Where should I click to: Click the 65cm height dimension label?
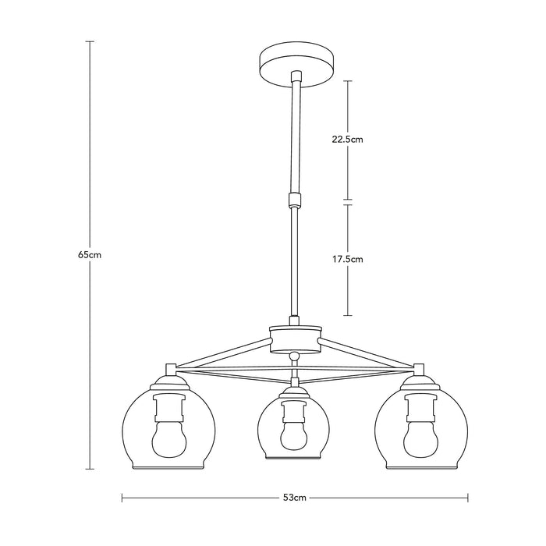(x=90, y=255)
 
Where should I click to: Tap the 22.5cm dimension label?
(x=347, y=140)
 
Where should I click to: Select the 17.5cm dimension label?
(x=347, y=260)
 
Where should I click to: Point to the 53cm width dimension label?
(x=295, y=498)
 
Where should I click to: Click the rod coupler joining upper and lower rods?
(x=294, y=199)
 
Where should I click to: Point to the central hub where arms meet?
(x=295, y=339)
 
